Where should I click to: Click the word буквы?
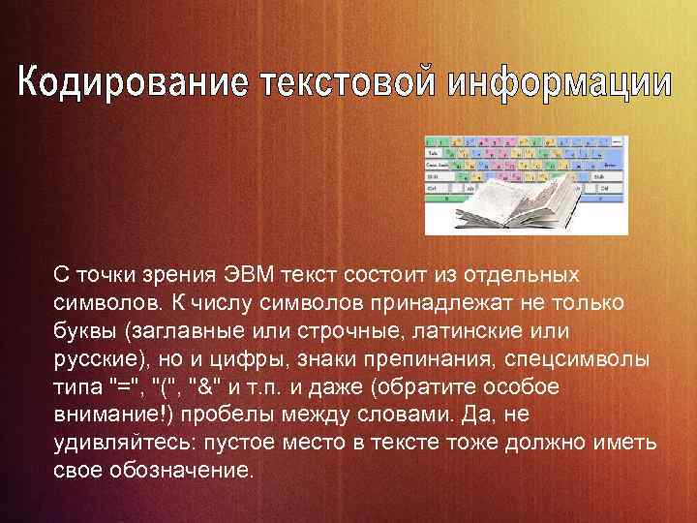pyautogui.click(x=84, y=331)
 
